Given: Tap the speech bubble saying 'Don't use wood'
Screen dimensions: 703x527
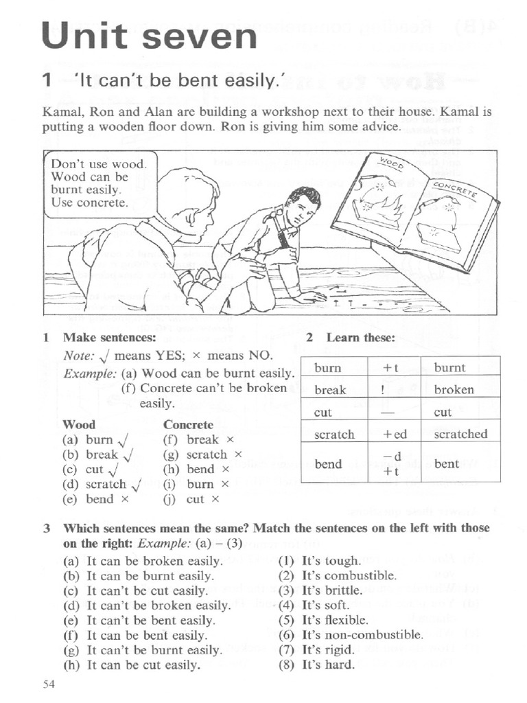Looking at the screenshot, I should click(100, 184).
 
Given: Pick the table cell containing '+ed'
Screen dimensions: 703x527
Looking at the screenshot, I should click(395, 434).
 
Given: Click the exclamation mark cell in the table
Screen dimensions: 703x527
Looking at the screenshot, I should click(395, 389).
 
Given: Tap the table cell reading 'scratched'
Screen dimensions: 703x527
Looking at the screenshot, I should click(460, 434).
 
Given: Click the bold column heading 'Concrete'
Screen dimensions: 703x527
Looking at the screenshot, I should click(188, 425).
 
